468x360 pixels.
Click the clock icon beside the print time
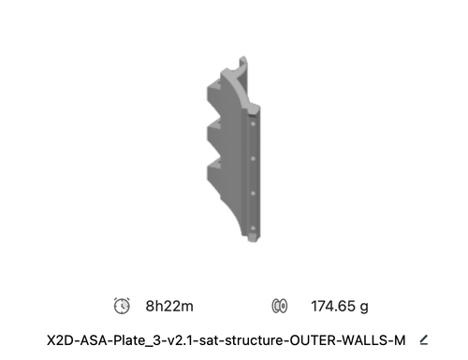[122, 306]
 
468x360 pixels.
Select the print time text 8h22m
[169, 306]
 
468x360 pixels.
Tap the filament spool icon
[280, 306]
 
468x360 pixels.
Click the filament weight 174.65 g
[340, 307]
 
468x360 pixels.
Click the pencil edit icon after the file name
[424, 340]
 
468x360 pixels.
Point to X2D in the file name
[61, 340]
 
